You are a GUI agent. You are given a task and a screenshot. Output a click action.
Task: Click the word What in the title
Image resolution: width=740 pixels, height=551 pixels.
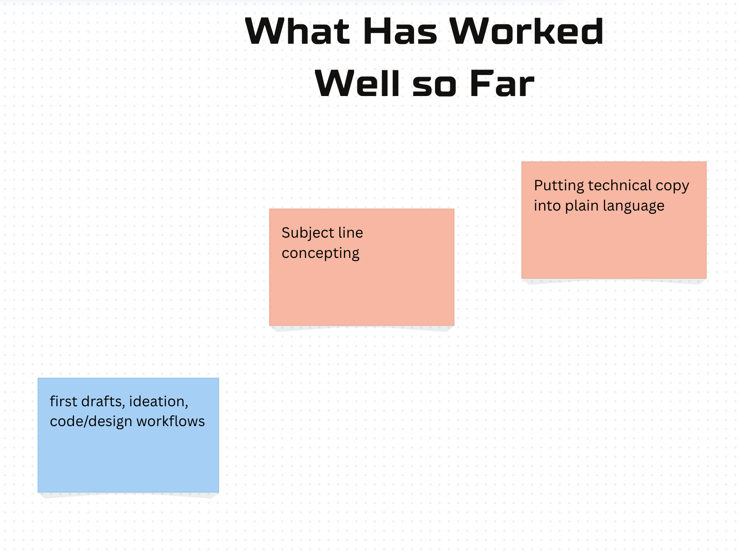click(x=297, y=31)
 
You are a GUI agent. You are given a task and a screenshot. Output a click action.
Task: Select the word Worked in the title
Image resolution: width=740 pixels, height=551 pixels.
click(x=527, y=31)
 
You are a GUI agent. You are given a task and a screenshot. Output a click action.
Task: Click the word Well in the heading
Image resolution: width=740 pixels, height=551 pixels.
click(x=357, y=83)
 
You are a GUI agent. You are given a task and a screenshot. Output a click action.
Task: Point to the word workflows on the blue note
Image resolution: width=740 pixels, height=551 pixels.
click(x=171, y=421)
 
